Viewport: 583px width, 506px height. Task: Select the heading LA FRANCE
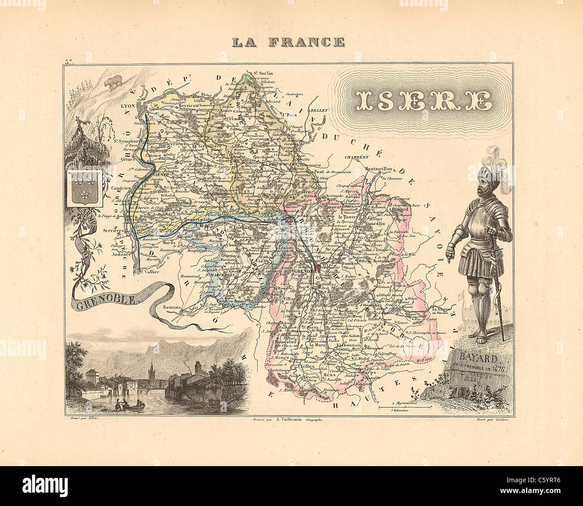tap(288, 42)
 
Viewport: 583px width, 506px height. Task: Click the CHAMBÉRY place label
tap(356, 157)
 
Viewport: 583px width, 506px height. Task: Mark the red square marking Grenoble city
tap(318, 268)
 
